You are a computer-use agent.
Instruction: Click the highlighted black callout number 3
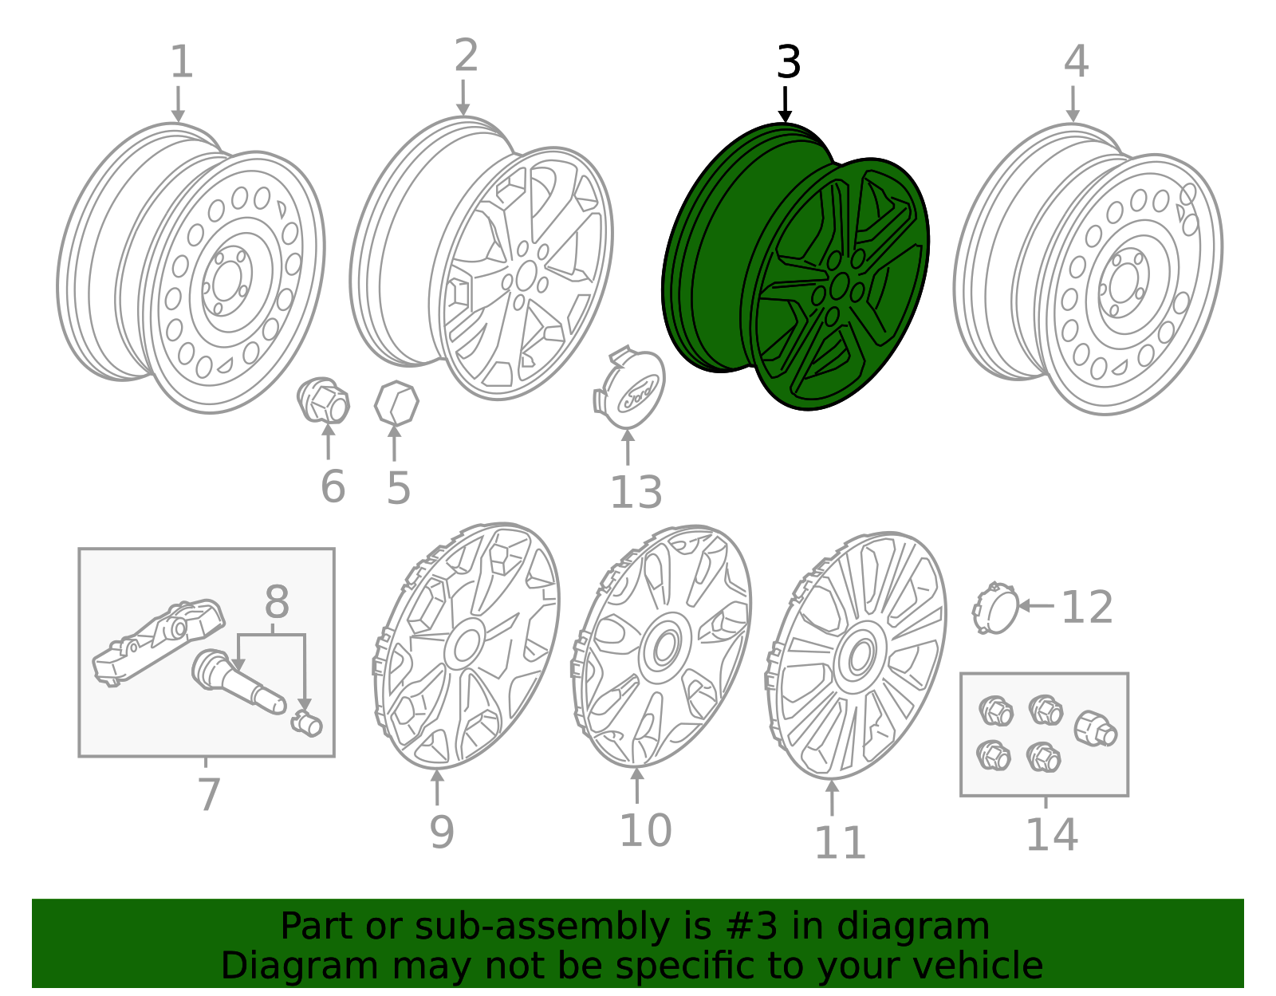[788, 62]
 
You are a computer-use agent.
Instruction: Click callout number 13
[636, 492]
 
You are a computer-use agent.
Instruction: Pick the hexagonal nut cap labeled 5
[396, 403]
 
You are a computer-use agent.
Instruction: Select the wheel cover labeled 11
[857, 655]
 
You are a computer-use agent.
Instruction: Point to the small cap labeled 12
[995, 608]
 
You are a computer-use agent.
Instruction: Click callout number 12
[1086, 608]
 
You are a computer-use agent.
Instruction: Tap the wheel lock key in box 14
[1095, 729]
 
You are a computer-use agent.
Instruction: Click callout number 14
[1051, 835]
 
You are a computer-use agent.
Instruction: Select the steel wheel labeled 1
[191, 271]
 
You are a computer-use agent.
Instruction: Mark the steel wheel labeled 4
[1089, 271]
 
